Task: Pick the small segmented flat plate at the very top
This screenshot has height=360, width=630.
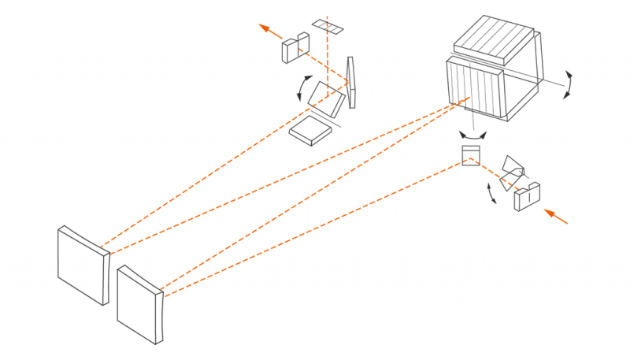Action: pyautogui.click(x=328, y=27)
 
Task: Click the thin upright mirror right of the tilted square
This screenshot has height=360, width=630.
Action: pyautogui.click(x=354, y=84)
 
